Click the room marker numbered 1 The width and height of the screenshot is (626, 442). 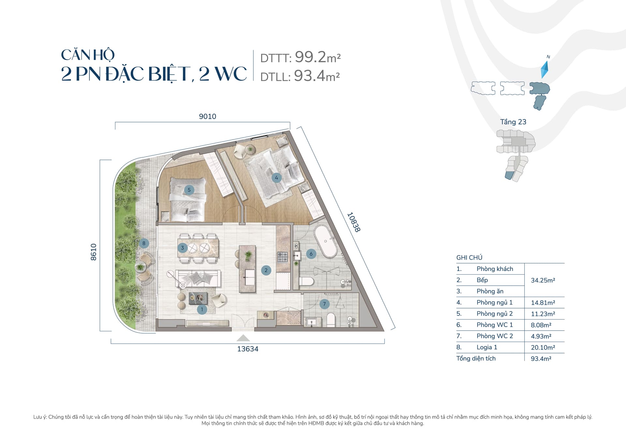point(202,309)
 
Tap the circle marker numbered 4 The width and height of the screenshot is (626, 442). point(276,178)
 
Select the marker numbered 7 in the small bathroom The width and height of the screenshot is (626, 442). point(324,304)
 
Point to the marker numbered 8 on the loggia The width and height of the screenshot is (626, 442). point(144,243)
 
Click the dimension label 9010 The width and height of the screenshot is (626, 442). point(208,117)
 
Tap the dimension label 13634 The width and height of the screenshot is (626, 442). point(248,349)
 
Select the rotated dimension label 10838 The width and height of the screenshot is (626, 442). point(353,222)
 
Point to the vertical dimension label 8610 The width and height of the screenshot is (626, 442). point(94,252)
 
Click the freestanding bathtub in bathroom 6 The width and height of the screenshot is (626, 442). point(325,241)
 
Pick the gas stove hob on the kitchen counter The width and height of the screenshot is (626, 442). point(282,257)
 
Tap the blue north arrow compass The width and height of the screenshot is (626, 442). point(544,69)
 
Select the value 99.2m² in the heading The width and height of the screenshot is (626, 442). point(318,57)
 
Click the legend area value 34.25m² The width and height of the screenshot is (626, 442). point(543,280)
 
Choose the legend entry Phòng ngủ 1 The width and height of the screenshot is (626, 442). point(495,303)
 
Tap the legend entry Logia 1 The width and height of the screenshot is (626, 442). point(487,347)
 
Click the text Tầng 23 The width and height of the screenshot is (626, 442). point(513,122)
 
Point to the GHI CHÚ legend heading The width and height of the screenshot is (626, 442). point(469,257)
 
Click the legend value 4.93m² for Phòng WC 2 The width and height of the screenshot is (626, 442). point(541,336)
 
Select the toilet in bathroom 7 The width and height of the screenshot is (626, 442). point(331,320)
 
